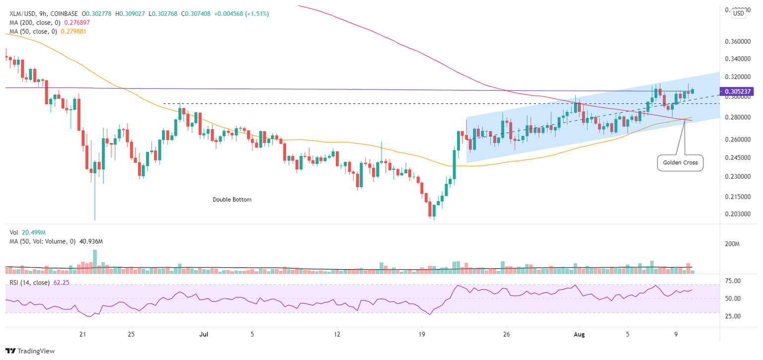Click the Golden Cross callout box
680,162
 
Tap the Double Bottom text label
232,200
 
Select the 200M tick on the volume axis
733,244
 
